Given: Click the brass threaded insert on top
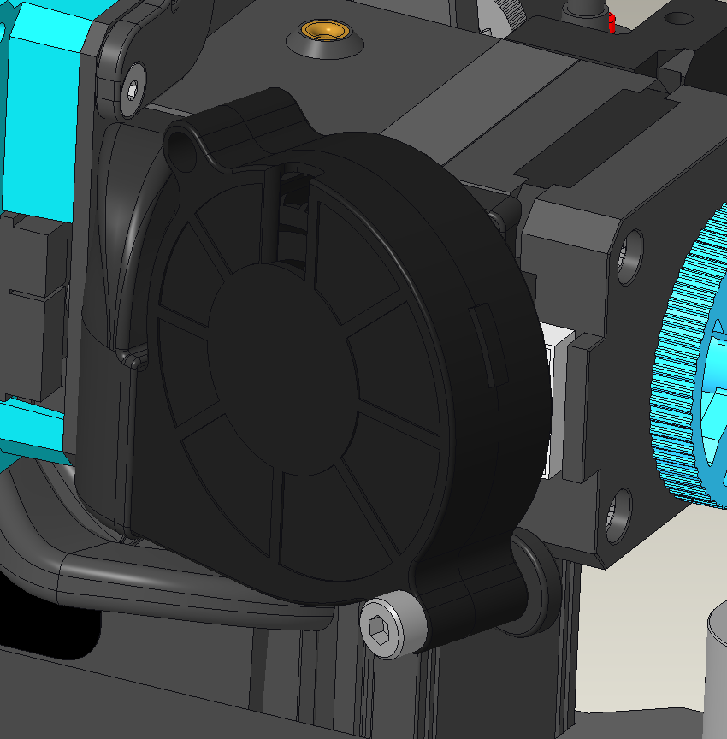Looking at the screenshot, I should tap(327, 32).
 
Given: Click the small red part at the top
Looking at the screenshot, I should tap(611, 22).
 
